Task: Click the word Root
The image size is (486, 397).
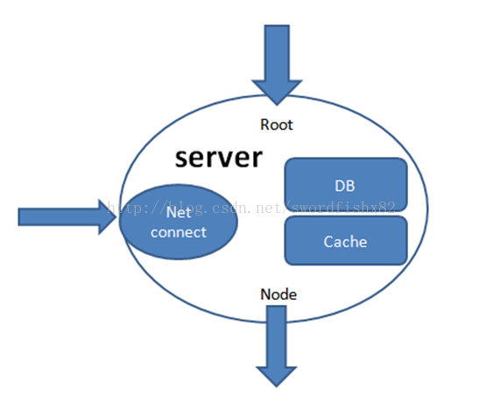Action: pos(277,124)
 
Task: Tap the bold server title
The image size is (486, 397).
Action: pos(219,158)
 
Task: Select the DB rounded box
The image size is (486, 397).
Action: pos(346,185)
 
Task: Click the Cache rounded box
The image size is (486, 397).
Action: pos(346,241)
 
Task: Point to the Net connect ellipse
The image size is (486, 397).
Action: pos(179,222)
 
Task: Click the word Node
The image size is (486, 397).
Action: pos(278,294)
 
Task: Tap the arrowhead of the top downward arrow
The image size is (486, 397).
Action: pos(277,92)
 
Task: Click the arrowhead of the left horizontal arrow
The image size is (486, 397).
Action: pos(107,217)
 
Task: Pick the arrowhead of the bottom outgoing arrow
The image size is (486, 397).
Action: pos(277,377)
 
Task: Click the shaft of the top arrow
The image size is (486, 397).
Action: pos(277,53)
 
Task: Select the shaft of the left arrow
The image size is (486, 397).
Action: pos(59,217)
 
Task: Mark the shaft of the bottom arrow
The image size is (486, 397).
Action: pos(277,337)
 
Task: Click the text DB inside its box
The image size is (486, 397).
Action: pos(345,186)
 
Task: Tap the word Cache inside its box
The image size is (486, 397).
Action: pos(345,242)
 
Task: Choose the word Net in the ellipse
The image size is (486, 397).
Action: pos(179,213)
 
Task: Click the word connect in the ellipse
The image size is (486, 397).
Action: pos(179,232)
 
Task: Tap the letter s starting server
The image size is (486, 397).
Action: pos(181,160)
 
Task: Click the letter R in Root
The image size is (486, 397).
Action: pos(264,124)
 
